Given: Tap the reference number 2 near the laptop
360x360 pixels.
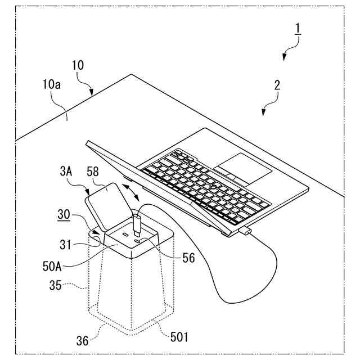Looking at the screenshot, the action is [277, 85].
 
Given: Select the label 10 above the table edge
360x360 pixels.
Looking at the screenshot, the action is [78, 65].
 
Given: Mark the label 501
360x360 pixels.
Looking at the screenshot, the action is [179, 338].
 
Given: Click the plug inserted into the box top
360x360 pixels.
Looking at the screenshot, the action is [136, 224].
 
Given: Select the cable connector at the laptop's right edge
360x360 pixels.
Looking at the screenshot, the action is [246, 231].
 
